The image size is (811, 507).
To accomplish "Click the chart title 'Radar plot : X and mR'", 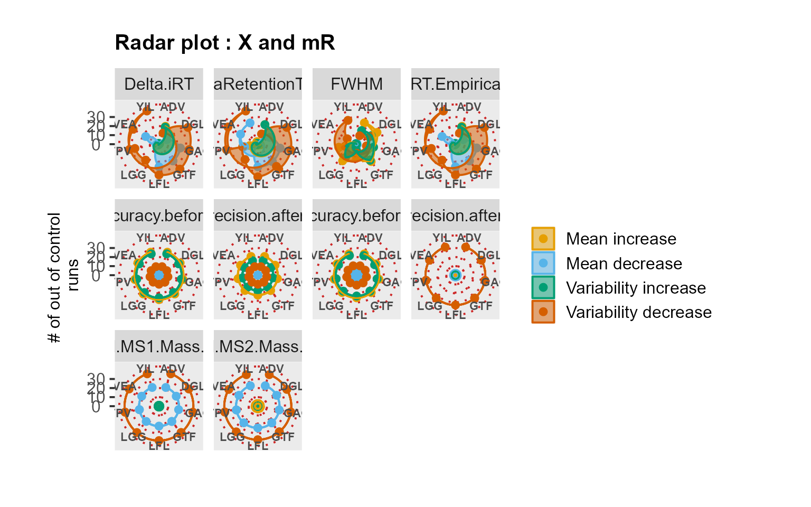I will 225,43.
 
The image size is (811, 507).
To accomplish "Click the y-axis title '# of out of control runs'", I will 63,277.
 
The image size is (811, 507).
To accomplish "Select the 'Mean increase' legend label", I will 621,239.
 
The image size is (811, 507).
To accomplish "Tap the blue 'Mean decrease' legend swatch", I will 543,263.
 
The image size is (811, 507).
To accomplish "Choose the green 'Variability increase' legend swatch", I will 543,287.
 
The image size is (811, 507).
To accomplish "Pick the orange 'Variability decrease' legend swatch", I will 543,312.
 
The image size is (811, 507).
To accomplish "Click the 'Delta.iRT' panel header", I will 159,84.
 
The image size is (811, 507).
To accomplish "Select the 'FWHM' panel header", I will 356,84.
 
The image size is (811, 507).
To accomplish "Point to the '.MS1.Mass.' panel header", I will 159,346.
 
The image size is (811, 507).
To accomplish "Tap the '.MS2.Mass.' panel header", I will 258,346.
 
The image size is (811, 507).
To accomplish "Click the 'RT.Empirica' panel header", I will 455,84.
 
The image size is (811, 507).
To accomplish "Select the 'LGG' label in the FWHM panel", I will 331,175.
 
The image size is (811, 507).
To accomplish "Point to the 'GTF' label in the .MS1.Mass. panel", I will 184,437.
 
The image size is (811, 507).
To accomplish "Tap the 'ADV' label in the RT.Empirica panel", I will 469,107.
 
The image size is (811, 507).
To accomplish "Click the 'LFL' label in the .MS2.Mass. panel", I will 258,446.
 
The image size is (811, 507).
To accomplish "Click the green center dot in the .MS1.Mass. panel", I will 159,406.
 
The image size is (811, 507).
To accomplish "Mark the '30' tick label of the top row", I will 96,116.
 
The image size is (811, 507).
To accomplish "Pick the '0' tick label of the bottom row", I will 96,407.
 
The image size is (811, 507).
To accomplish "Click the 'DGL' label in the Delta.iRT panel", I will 192,125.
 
